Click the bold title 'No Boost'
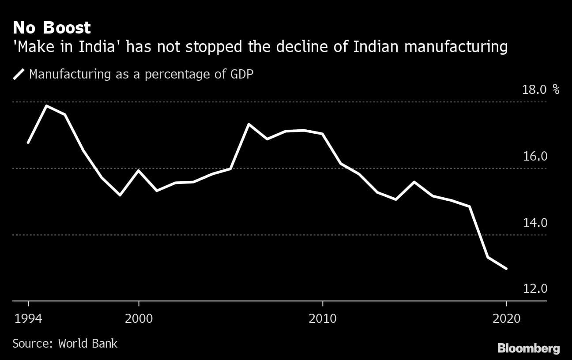(52, 28)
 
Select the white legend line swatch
(19, 74)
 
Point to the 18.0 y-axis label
(534, 90)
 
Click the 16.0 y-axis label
(534, 157)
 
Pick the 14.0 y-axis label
(534, 223)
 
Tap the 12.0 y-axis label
(534, 289)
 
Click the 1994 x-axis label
(29, 318)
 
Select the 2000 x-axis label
(139, 318)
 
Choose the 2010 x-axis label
(323, 318)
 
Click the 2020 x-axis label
(506, 318)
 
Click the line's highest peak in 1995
(46, 106)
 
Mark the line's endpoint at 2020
(506, 268)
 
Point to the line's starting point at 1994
(28, 142)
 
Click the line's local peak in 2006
(249, 124)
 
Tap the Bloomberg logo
(528, 349)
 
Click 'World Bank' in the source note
(88, 343)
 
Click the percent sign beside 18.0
(556, 90)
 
